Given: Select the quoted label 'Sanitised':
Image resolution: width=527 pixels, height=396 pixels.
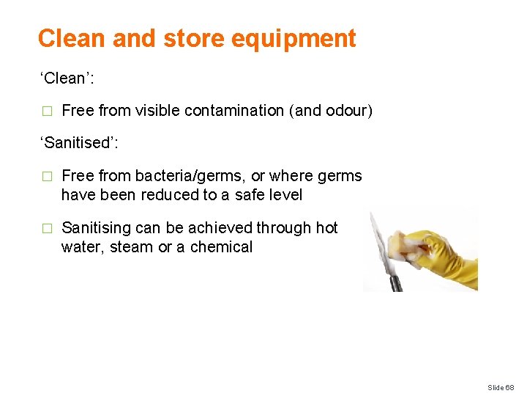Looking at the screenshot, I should [79, 143].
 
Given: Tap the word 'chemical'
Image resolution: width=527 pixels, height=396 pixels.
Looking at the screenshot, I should [221, 247].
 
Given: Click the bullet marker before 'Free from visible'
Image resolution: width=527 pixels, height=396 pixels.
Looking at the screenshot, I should [47, 111].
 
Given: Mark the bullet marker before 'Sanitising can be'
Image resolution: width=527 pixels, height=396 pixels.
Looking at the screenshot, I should [47, 229].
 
